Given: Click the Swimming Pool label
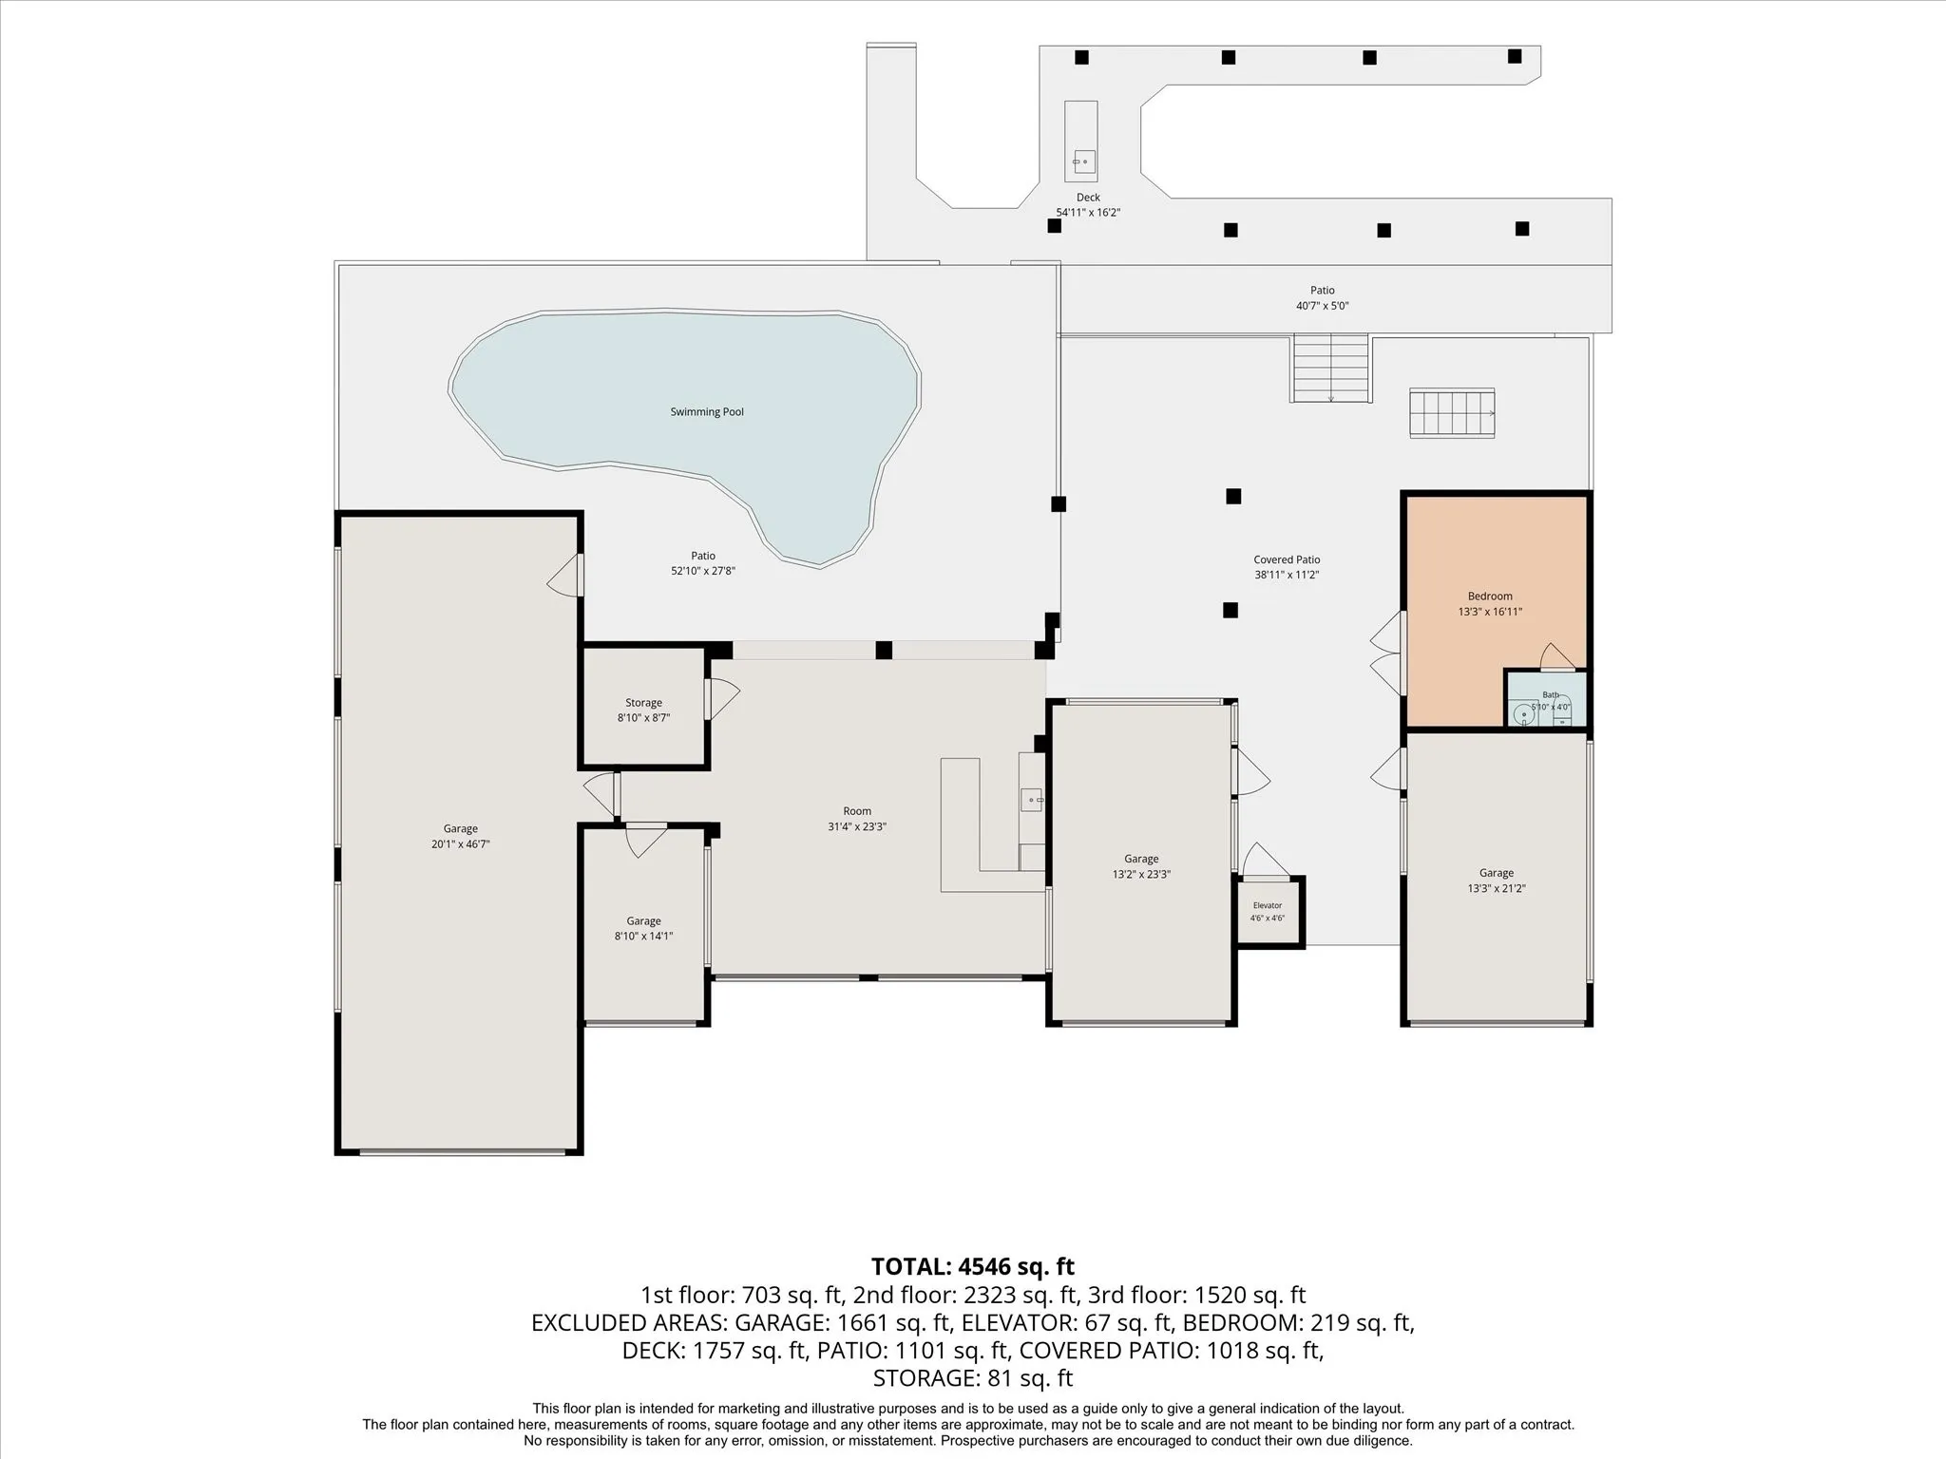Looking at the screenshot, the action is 707,412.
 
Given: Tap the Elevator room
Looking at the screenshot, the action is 1269,911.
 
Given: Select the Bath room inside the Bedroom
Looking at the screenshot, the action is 1546,699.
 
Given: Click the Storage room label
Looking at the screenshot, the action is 643,703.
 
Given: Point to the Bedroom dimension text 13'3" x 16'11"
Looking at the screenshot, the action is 1490,612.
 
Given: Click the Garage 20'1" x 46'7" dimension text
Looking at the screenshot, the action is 460,844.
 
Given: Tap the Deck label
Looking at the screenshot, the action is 1088,198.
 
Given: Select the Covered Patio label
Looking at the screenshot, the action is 1287,559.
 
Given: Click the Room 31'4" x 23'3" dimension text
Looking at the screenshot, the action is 857,826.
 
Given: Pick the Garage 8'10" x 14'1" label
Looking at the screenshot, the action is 643,921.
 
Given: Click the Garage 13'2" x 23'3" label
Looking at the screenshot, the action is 1141,860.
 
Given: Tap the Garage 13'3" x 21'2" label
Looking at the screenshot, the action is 1496,874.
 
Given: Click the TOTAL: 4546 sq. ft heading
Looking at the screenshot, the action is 973,1266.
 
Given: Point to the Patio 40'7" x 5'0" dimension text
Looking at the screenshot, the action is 1323,306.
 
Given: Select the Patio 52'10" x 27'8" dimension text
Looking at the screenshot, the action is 703,571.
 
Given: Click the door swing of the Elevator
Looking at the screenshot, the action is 1264,859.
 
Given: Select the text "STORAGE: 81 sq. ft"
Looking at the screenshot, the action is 973,1377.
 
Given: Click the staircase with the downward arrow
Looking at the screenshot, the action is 1330,368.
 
